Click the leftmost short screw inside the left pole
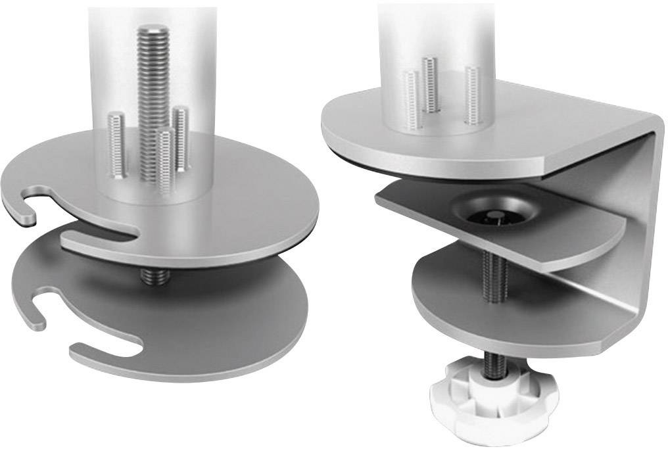[117, 145]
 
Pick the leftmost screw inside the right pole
[410, 99]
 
